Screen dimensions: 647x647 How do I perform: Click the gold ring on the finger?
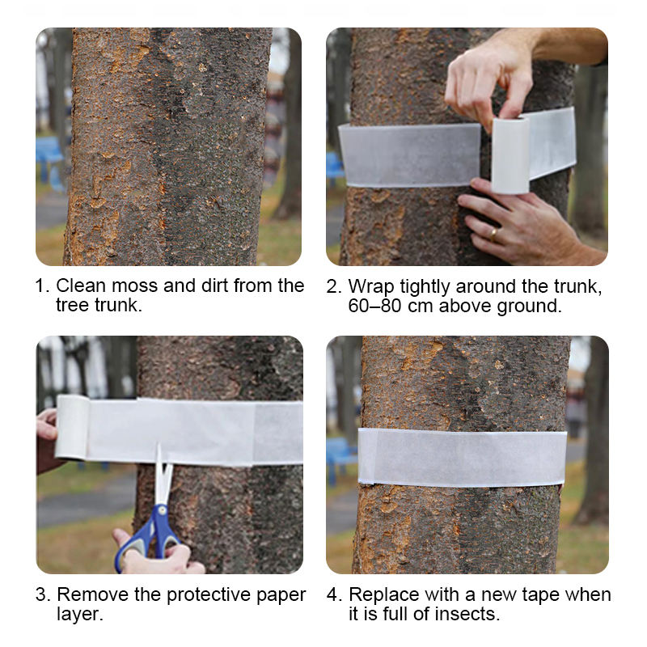[x=493, y=234]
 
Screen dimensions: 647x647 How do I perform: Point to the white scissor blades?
[x=163, y=475]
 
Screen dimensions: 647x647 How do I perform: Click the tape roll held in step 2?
[x=510, y=155]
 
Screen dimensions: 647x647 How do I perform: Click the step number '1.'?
[x=43, y=285]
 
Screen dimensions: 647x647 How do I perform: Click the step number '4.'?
[x=333, y=594]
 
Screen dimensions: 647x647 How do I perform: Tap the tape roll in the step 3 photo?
[x=72, y=427]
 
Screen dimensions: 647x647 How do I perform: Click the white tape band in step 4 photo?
[x=462, y=457]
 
